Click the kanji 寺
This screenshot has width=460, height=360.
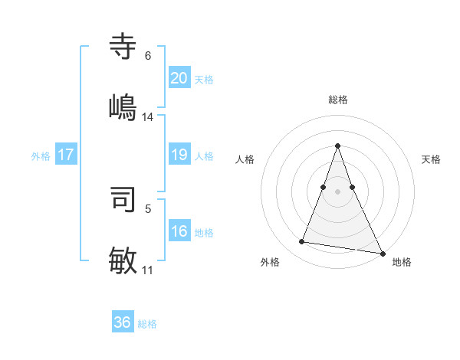[x=123, y=47]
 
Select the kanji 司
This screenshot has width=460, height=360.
[x=123, y=199]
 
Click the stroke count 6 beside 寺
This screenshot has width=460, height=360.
[x=147, y=55]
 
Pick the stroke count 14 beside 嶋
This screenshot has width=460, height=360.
[x=148, y=116]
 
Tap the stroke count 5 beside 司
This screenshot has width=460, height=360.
[x=148, y=208]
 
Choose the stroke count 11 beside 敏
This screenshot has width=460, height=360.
[x=148, y=270]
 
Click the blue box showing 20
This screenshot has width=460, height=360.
[x=179, y=78]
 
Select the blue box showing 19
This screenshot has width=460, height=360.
[x=179, y=155]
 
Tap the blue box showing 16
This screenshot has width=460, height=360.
[x=179, y=231]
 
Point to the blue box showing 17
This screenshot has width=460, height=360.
[x=66, y=155]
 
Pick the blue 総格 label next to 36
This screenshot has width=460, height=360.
[x=147, y=324]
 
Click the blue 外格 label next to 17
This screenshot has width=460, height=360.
[x=41, y=155]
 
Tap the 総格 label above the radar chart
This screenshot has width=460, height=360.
[x=337, y=100]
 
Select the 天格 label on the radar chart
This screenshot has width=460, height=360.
[x=432, y=159]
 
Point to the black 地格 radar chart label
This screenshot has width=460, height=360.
[x=402, y=262]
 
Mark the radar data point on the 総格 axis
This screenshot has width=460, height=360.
[x=337, y=146]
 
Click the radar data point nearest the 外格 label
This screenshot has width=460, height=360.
[x=302, y=242]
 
